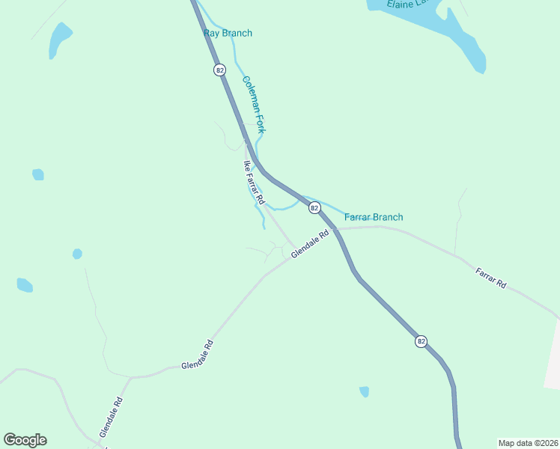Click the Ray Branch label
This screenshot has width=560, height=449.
pos(228,33)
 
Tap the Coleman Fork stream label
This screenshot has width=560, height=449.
pos(254,104)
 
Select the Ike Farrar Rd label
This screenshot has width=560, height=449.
pos(254,183)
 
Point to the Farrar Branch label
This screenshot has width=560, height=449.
pos(374,217)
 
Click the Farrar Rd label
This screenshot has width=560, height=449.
pos(491,280)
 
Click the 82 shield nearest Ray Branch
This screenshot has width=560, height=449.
pos(219,70)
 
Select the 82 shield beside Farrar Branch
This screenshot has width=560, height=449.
pos(314,207)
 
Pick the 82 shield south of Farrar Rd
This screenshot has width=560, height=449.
pos(421,341)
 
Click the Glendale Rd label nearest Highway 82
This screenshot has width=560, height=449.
pos(310,244)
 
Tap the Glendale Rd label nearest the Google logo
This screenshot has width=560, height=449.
pos(111,418)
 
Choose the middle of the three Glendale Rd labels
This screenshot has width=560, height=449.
pos(198,355)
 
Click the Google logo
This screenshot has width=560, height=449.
pos(25,440)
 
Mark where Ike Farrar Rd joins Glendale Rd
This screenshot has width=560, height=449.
pos(293,247)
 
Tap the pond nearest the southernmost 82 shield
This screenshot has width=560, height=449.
pos(365,391)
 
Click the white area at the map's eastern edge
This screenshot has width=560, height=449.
pos(553,352)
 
